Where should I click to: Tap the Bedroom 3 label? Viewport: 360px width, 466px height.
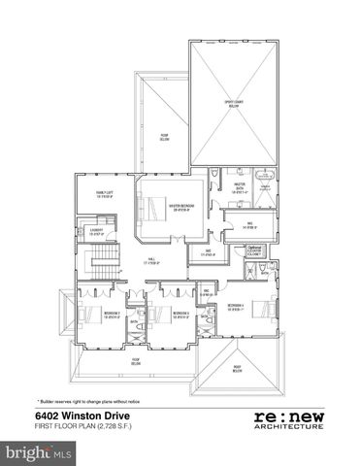pos(173,314)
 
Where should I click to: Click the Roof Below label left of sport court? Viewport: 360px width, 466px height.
pos(165,138)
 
